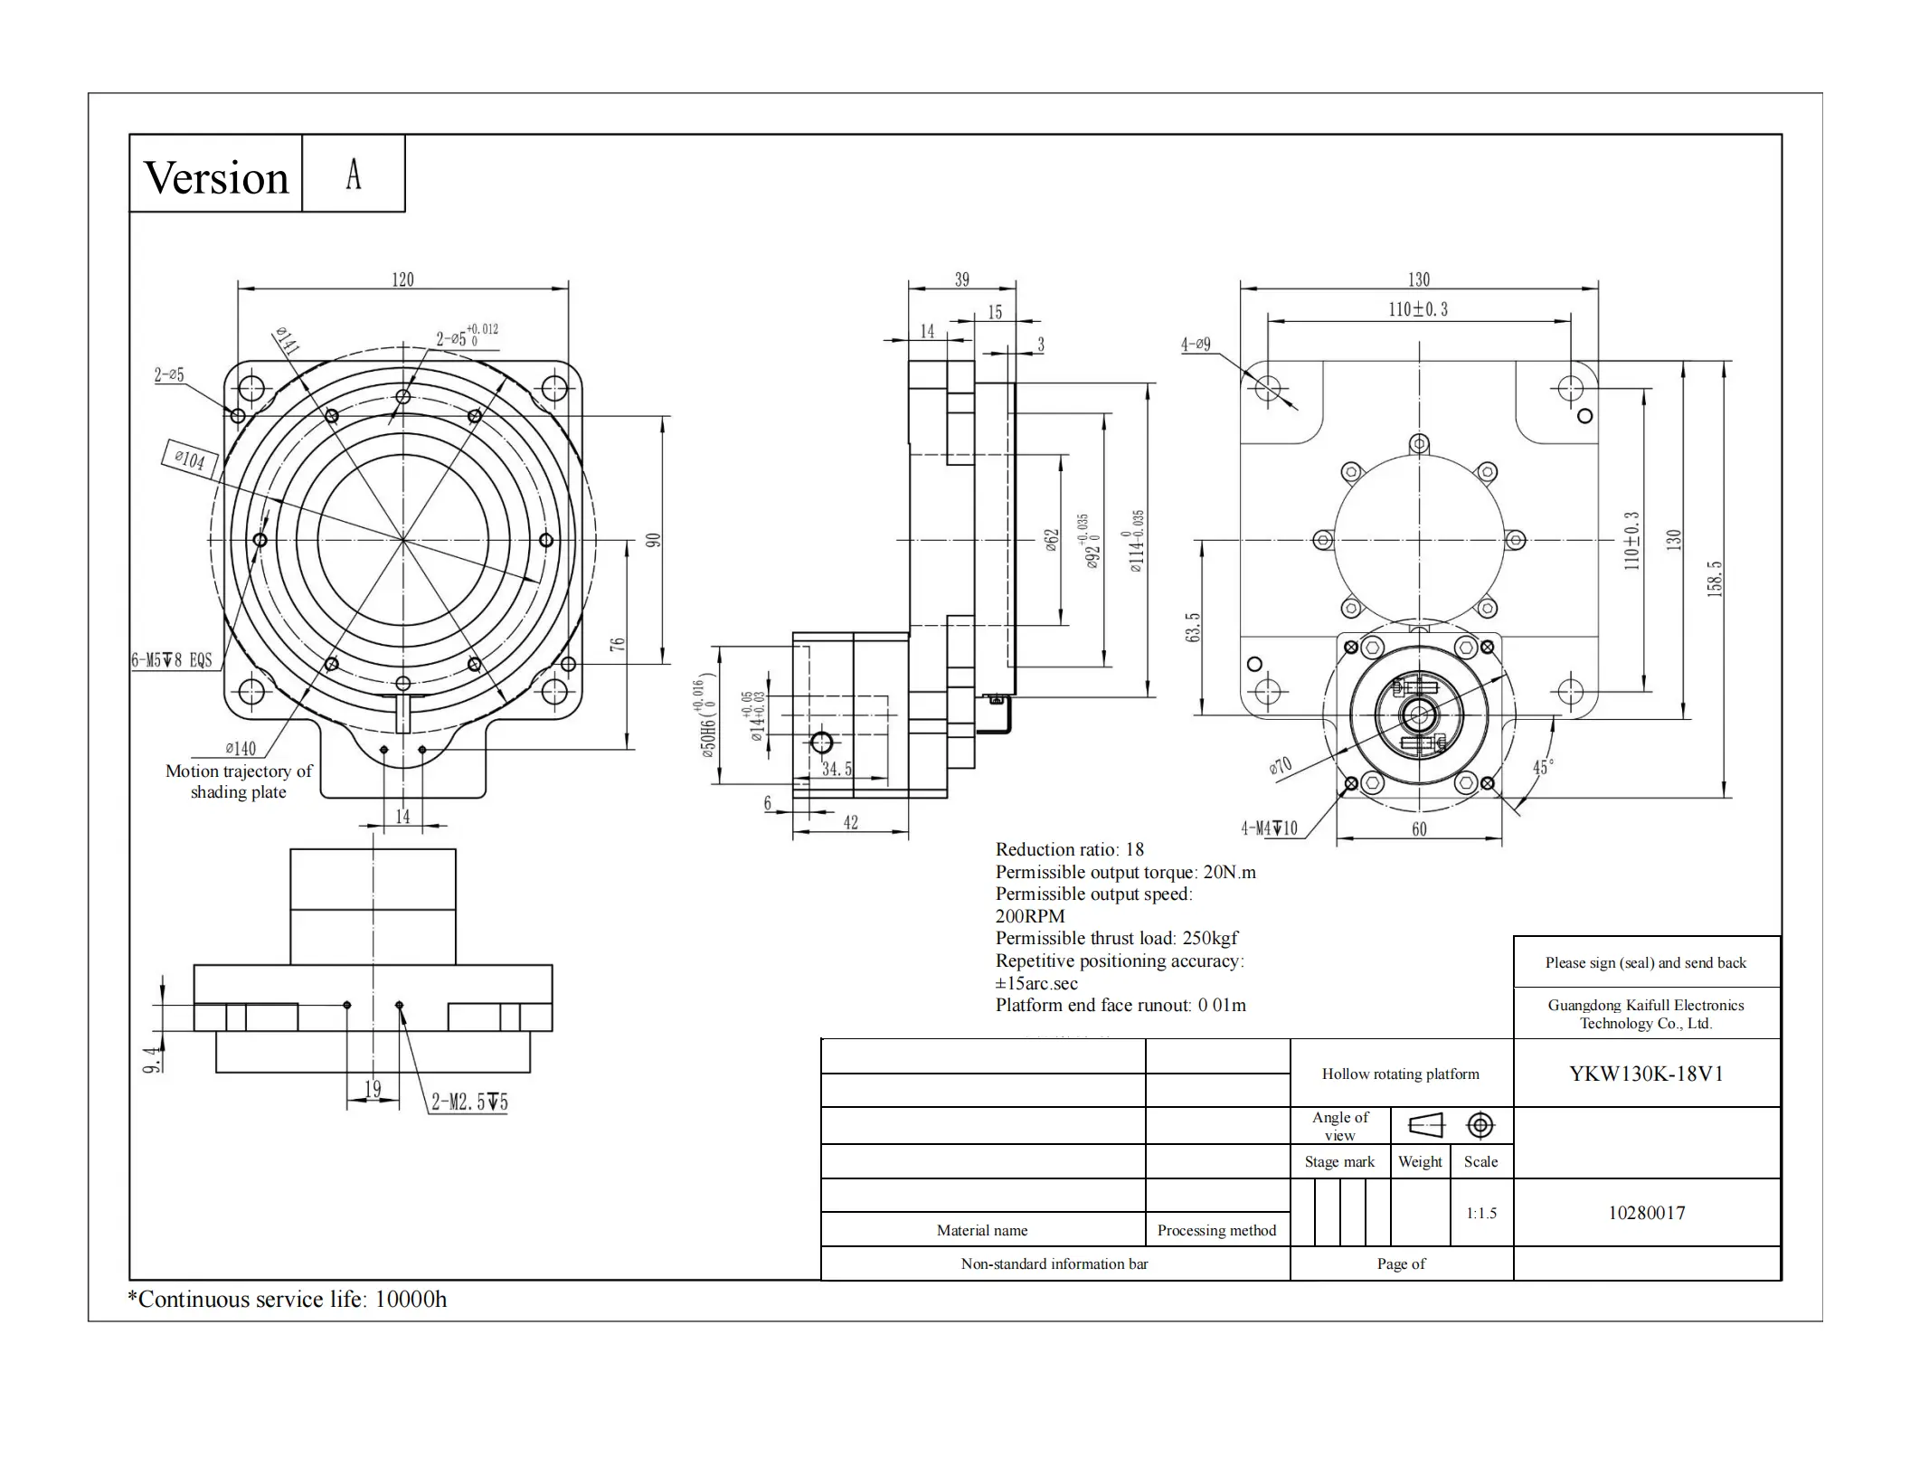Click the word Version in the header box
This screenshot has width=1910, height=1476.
[x=216, y=177]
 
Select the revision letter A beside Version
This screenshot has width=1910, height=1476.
[x=354, y=174]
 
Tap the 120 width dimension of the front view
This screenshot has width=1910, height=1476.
[x=402, y=279]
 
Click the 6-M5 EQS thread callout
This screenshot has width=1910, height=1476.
[x=172, y=660]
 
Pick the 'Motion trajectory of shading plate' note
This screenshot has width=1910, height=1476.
[x=239, y=781]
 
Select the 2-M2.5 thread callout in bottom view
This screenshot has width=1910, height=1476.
[x=469, y=1102]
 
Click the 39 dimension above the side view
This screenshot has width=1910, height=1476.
[x=962, y=279]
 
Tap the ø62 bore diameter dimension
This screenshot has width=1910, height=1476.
[x=1051, y=541]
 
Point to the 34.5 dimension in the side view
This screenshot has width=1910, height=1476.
[x=837, y=769]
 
